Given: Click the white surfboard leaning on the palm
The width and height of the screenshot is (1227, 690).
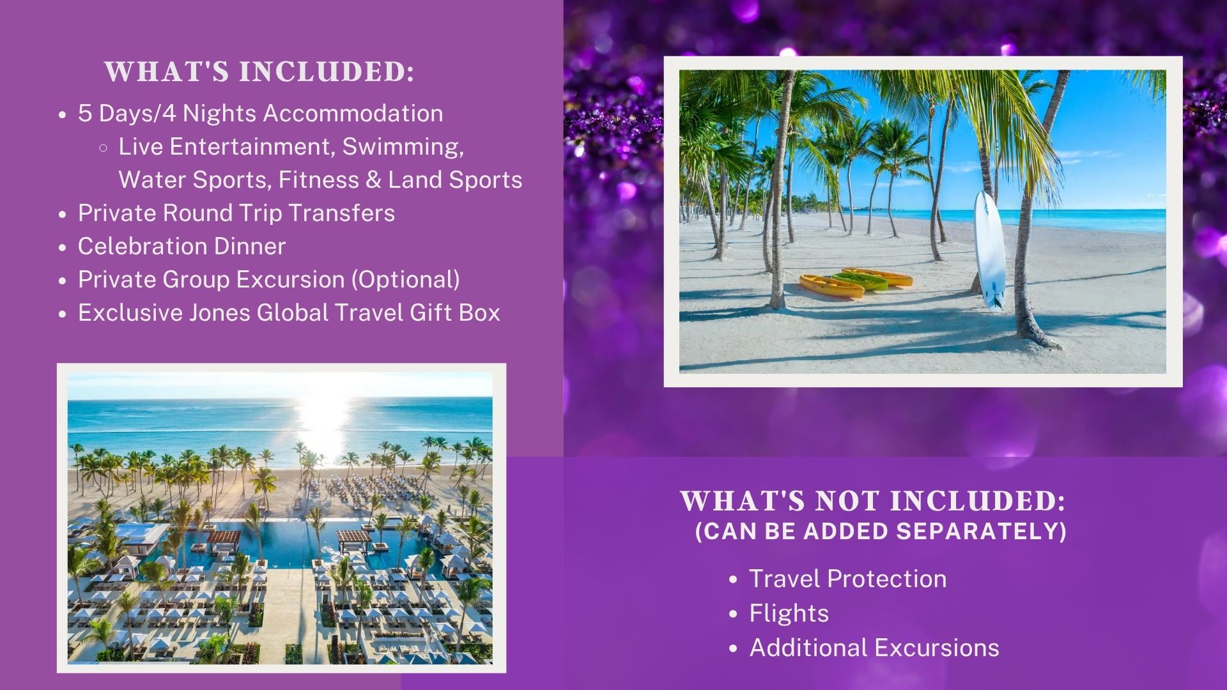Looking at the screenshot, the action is pyautogui.click(x=989, y=250).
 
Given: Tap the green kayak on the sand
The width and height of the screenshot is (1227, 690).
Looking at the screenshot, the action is pyautogui.click(x=860, y=281).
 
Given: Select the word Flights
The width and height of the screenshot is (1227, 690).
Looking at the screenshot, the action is pyautogui.click(x=789, y=613).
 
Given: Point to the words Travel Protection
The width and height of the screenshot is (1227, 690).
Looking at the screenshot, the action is pyautogui.click(x=847, y=579).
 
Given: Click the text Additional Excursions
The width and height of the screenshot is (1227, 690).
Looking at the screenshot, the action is pyautogui.click(x=874, y=648).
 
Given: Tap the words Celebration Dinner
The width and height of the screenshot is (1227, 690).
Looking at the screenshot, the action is pyautogui.click(x=181, y=246).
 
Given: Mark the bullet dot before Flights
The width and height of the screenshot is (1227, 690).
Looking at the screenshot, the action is pyautogui.click(x=734, y=614).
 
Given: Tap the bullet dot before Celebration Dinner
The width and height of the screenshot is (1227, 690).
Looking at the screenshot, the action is pyautogui.click(x=62, y=247).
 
